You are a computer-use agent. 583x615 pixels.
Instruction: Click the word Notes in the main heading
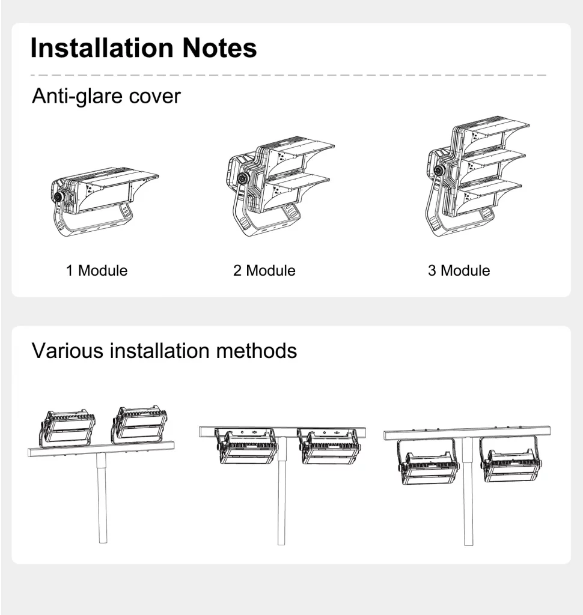[x=219, y=48]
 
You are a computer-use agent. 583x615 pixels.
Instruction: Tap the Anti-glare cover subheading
[x=106, y=97]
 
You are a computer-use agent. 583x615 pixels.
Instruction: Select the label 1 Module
[x=97, y=271]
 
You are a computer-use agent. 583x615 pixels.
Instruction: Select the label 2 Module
[x=264, y=271]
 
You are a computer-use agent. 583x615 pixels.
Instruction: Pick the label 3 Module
[x=459, y=271]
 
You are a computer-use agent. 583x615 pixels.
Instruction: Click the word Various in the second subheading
[x=67, y=351]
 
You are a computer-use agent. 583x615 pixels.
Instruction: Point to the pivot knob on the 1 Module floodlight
[x=59, y=196]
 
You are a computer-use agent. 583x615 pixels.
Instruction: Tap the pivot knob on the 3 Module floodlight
[x=439, y=170]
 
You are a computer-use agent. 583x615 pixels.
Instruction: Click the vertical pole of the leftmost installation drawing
[x=102, y=497]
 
